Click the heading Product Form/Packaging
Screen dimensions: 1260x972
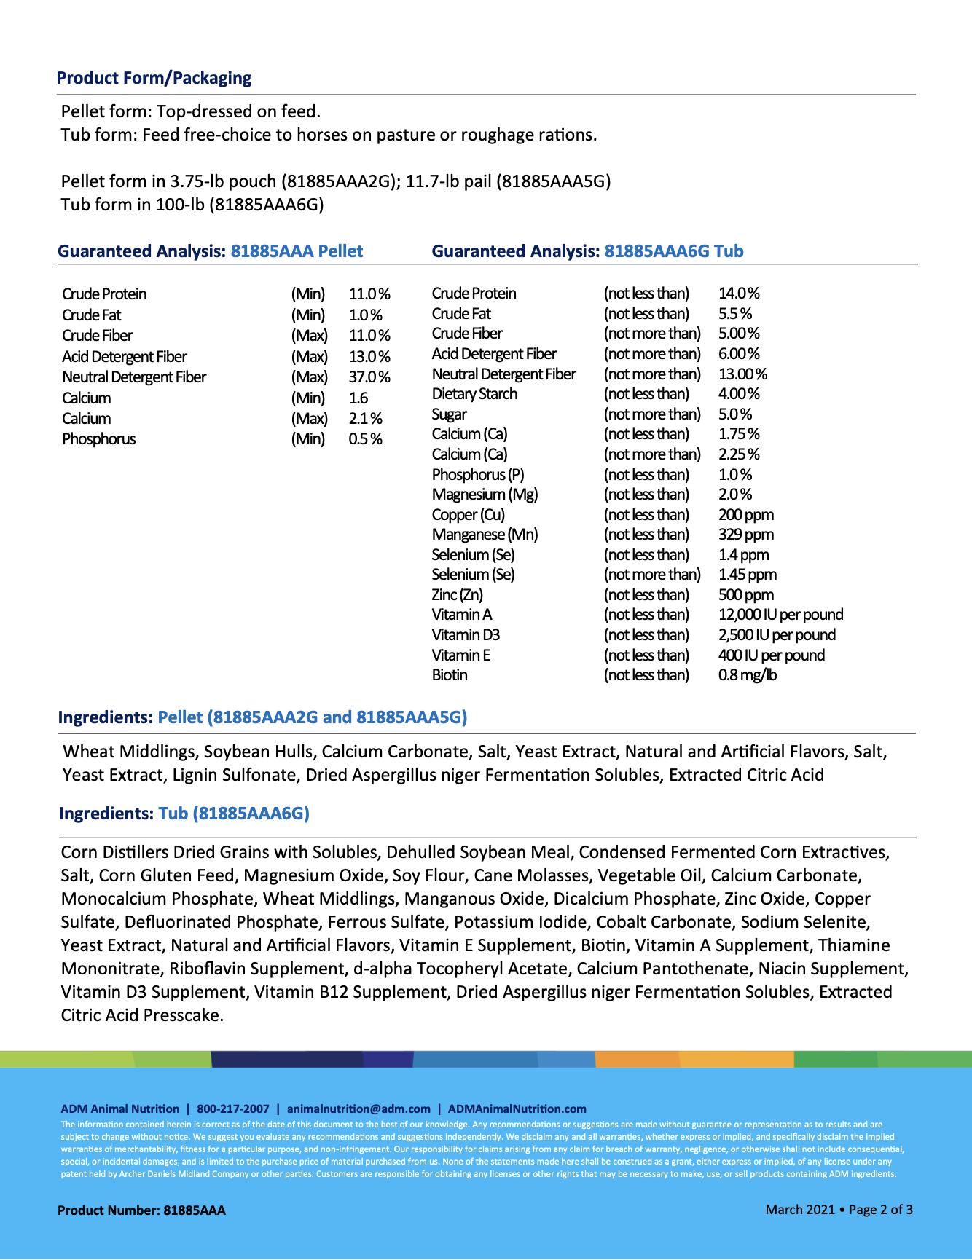coord(154,78)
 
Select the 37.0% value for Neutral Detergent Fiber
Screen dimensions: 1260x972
coord(369,377)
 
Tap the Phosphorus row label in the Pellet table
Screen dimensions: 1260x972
coord(99,439)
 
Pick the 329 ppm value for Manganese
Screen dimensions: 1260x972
coord(746,535)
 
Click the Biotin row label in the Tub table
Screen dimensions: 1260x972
coord(450,675)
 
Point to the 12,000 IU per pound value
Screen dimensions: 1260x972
coord(780,615)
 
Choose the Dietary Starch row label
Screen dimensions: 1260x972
coord(474,394)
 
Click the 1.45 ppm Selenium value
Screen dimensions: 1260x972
coord(748,575)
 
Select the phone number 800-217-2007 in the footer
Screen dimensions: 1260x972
coord(233,1109)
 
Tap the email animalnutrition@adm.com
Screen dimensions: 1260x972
coord(358,1109)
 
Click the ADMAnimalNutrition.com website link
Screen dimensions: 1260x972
coord(517,1109)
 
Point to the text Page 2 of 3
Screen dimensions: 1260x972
coord(880,1210)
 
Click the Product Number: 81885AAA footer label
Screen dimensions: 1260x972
coord(141,1210)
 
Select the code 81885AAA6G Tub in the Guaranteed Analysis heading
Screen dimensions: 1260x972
coord(674,251)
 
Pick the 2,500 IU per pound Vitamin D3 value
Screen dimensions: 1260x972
coord(777,635)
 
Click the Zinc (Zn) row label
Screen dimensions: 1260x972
coord(457,595)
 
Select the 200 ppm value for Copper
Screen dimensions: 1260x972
coord(746,515)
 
